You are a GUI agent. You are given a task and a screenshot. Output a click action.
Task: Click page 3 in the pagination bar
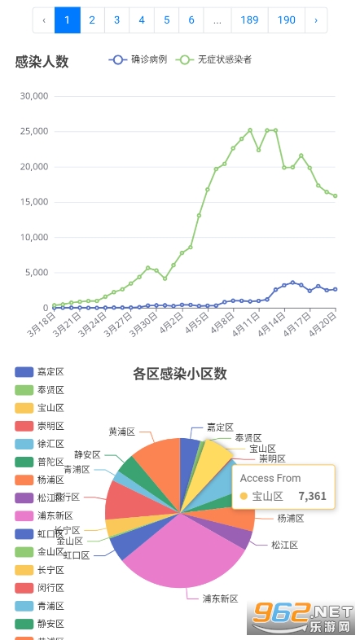(117, 20)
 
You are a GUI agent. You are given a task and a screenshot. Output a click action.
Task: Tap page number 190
(287, 20)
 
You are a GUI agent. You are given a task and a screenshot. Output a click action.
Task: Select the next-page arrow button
(316, 20)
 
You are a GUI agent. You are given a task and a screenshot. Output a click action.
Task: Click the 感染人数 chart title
(42, 61)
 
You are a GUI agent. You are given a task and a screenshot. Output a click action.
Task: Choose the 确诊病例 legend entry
(138, 59)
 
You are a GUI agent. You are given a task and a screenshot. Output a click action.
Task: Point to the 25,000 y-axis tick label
(33, 131)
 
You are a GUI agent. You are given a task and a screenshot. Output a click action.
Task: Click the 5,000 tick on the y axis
(36, 273)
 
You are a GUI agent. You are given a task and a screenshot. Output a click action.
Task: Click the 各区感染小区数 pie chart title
(180, 375)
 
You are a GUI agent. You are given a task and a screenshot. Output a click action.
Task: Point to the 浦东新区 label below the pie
(220, 598)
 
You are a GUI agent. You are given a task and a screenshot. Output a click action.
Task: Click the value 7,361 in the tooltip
(312, 496)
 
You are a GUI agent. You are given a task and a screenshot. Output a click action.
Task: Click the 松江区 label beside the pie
(284, 545)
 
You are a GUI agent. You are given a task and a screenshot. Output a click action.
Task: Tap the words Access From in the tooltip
(270, 478)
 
